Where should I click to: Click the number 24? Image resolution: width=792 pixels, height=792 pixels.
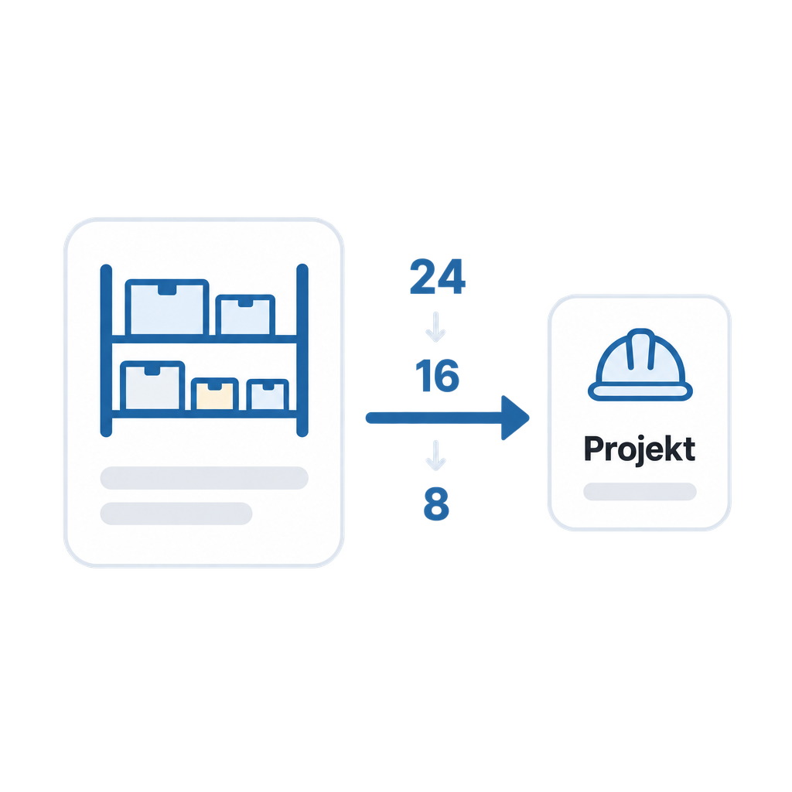pyautogui.click(x=438, y=276)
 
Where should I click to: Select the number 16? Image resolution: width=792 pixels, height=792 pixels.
pyautogui.click(x=438, y=375)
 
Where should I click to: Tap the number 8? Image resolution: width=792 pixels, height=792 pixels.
pyautogui.click(x=436, y=504)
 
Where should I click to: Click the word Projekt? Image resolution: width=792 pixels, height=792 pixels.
pyautogui.click(x=640, y=449)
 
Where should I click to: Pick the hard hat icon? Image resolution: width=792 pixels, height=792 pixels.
pyautogui.click(x=640, y=365)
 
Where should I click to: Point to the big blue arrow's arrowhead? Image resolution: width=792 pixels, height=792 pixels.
pyautogui.click(x=515, y=418)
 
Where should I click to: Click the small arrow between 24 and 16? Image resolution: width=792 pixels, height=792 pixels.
pyautogui.click(x=435, y=327)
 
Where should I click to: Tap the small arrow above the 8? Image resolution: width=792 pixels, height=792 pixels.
pyautogui.click(x=435, y=456)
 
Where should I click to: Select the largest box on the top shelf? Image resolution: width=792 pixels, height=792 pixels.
pyautogui.click(x=167, y=307)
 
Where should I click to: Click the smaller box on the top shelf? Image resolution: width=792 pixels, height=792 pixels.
pyautogui.click(x=245, y=315)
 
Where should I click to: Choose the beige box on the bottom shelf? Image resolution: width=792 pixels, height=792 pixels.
pyautogui.click(x=215, y=394)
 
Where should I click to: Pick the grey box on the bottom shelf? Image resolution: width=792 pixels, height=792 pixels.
pyautogui.click(x=152, y=385)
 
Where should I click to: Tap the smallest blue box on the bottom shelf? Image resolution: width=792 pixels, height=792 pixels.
pyautogui.click(x=268, y=394)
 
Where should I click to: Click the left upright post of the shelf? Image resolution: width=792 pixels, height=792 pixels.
pyautogui.click(x=106, y=350)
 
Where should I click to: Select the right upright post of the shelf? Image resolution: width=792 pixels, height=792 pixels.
pyautogui.click(x=302, y=350)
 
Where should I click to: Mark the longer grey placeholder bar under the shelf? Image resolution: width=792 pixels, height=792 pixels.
pyautogui.click(x=204, y=478)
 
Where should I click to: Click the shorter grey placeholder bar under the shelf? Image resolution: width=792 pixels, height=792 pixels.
pyautogui.click(x=176, y=514)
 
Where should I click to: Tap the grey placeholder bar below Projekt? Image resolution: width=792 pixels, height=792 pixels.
pyautogui.click(x=640, y=491)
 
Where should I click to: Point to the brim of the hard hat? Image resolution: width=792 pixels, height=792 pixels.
pyautogui.click(x=640, y=391)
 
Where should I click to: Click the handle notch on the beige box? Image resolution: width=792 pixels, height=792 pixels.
pyautogui.click(x=215, y=387)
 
